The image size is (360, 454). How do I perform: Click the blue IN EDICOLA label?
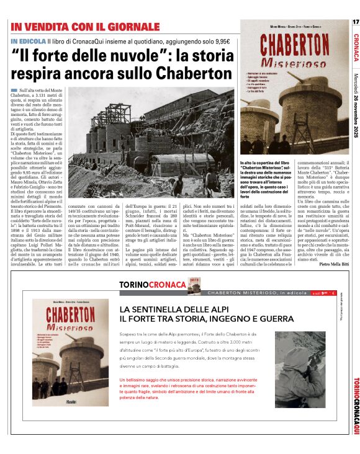coord(28,41)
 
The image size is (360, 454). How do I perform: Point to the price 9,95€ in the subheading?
coord(218,41)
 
